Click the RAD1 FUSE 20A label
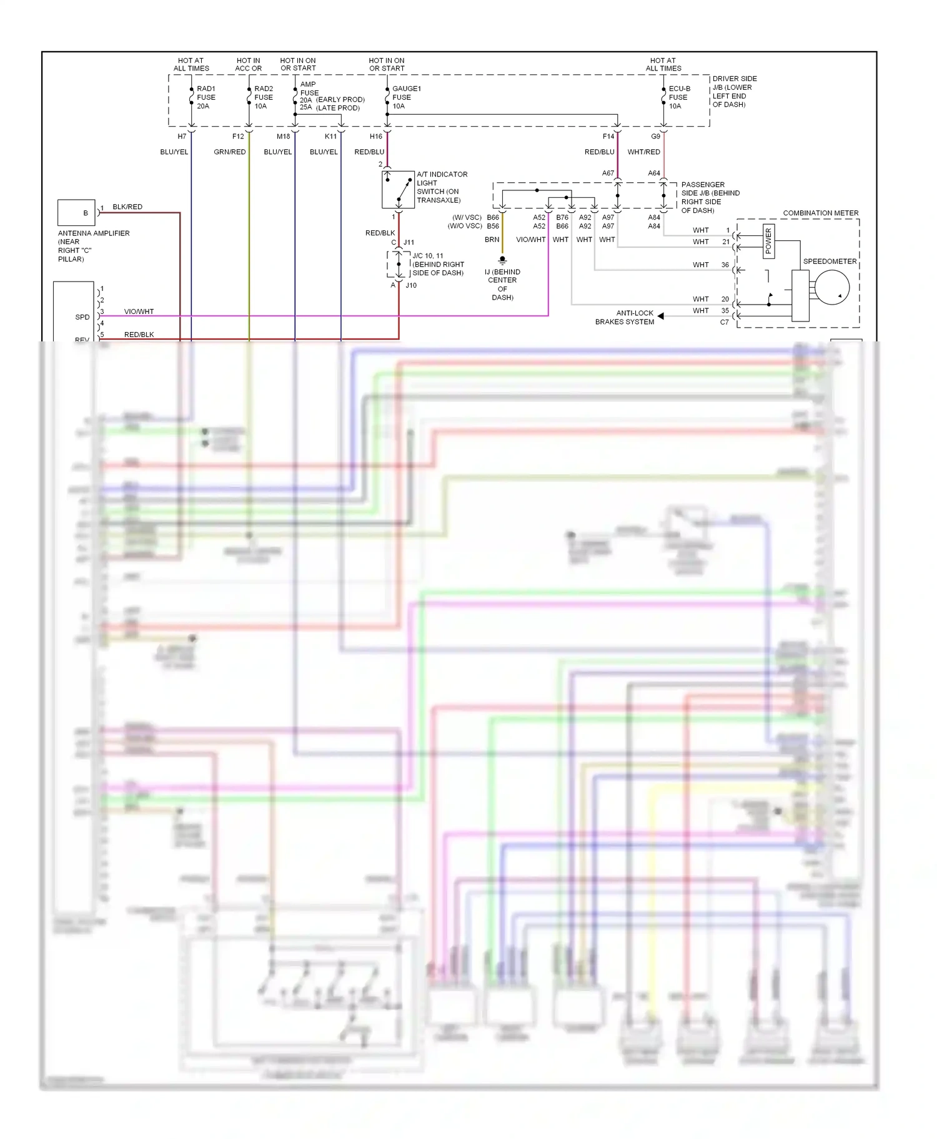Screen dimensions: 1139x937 pos(206,97)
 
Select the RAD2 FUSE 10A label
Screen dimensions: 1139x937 pos(263,97)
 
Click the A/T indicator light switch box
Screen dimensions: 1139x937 pos(398,190)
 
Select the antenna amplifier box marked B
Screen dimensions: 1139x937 pos(76,213)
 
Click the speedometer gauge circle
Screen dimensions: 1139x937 pos(832,288)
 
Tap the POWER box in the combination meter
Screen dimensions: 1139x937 pos(768,241)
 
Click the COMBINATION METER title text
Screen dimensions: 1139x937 pos(820,213)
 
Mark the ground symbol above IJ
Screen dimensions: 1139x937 pos(502,260)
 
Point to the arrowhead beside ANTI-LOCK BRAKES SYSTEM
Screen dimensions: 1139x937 pos(660,316)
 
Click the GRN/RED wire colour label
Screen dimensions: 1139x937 pos(229,152)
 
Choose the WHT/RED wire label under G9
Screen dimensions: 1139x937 pos(643,152)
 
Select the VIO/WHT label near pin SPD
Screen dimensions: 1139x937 pos(139,311)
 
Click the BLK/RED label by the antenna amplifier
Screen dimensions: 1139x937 pos(127,207)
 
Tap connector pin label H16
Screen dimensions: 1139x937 pos(375,136)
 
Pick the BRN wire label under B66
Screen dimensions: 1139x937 pos(492,240)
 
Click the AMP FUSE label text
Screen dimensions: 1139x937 pos(309,89)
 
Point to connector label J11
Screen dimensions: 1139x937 pos(409,242)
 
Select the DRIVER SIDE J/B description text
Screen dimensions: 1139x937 pos(734,92)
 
